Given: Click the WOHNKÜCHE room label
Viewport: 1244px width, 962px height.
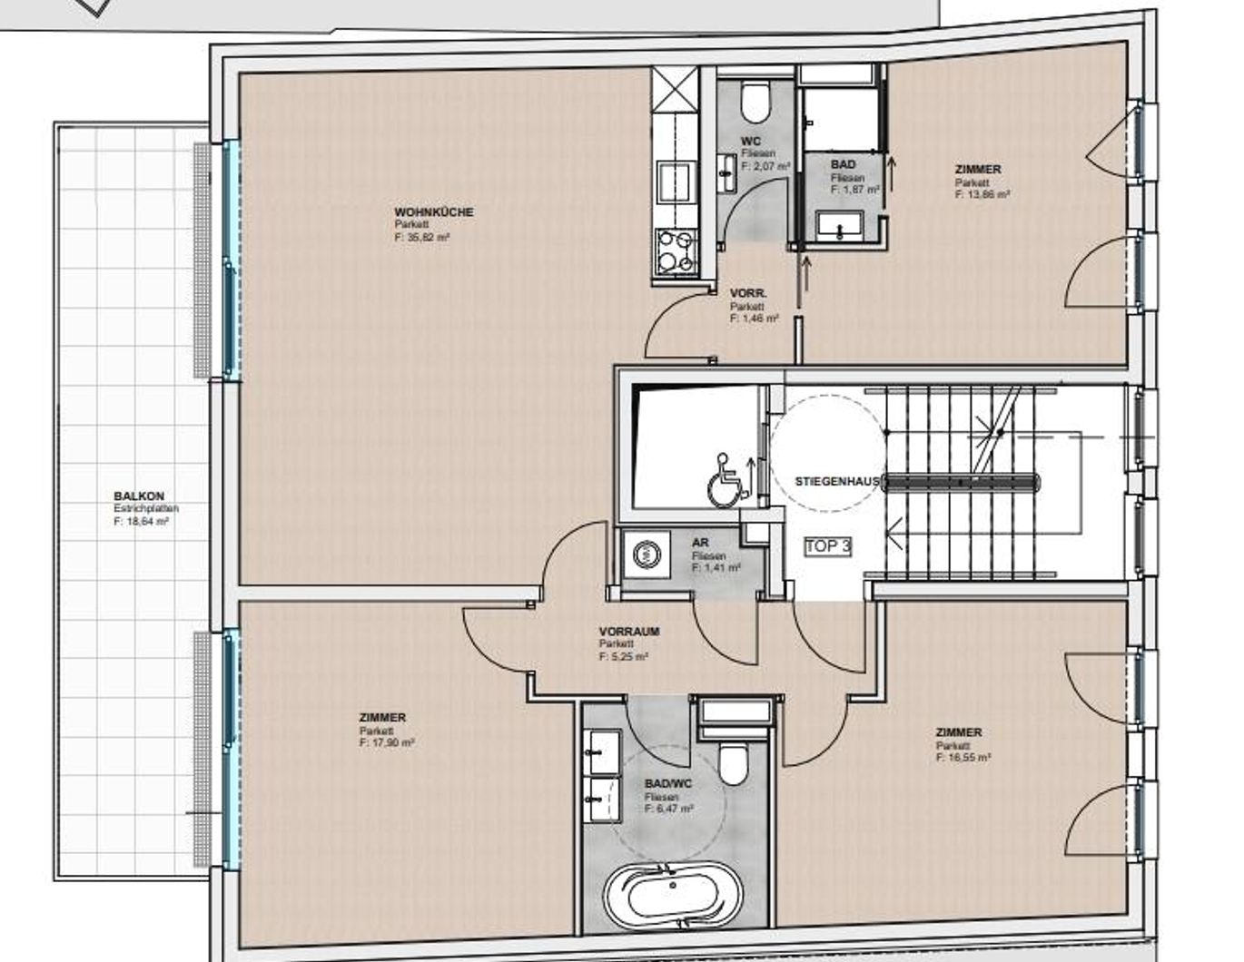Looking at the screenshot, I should [433, 212].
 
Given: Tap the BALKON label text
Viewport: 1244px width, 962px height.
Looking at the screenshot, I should [139, 496].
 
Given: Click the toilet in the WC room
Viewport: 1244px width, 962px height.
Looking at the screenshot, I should [755, 102].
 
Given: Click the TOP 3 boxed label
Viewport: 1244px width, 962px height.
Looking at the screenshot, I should [827, 546].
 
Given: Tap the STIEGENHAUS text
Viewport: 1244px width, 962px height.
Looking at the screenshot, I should [837, 481].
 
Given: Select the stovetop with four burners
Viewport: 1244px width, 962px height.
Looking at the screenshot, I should [675, 250].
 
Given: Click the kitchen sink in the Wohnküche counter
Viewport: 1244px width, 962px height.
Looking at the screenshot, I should [675, 182].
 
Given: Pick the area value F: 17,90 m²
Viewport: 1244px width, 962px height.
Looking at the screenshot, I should [386, 742].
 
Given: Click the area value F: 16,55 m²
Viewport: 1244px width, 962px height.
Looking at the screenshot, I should [963, 757].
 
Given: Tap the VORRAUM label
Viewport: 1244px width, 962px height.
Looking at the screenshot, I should [629, 632].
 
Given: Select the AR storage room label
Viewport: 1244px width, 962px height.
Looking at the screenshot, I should [699, 543].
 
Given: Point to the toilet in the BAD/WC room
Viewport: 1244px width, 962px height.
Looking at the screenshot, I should [732, 761].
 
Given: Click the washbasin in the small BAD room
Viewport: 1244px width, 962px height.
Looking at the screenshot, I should [840, 225].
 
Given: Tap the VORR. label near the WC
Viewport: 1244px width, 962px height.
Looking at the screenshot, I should [748, 294].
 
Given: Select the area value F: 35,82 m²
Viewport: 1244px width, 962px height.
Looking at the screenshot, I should [422, 237].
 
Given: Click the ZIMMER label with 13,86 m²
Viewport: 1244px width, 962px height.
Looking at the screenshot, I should [978, 170].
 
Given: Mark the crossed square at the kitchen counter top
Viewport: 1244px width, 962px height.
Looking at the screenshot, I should [675, 88].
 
